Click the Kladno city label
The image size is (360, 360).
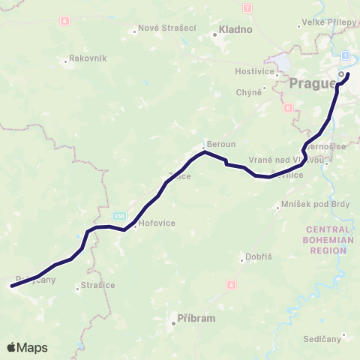click(x=235, y=31)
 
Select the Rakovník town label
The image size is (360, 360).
click(x=88, y=58)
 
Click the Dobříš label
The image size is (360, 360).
click(x=259, y=256)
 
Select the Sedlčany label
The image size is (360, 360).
click(x=325, y=338)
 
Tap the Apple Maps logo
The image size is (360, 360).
click(x=27, y=348)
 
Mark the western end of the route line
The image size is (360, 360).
click(x=12, y=286)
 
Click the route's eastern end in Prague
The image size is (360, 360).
click(x=348, y=74)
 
